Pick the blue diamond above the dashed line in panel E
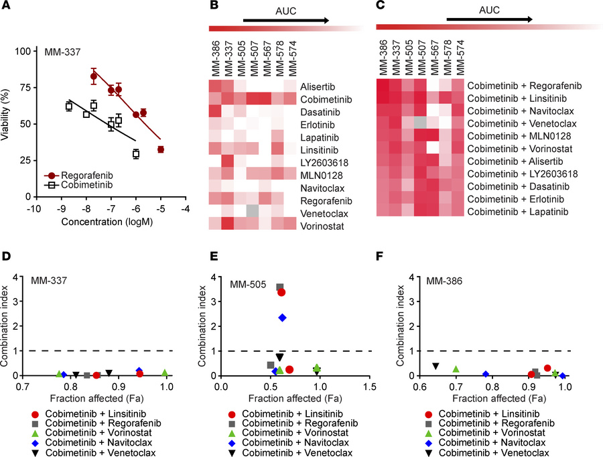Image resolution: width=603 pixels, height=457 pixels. click(x=283, y=318)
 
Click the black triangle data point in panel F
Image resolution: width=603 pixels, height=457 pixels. click(x=435, y=366)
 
